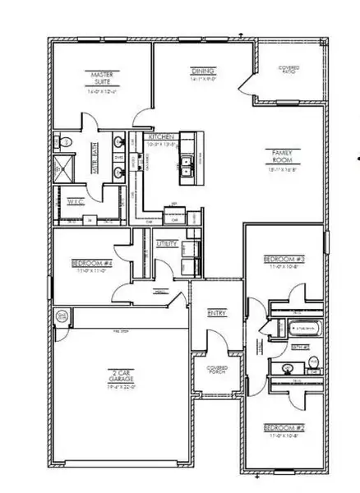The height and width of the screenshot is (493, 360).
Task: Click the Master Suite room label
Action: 102,78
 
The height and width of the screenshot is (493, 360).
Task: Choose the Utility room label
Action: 167,244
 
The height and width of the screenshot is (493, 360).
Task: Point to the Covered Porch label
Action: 217,371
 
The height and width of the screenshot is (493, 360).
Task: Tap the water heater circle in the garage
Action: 60,317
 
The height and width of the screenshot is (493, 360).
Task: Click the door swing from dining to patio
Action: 244,81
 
